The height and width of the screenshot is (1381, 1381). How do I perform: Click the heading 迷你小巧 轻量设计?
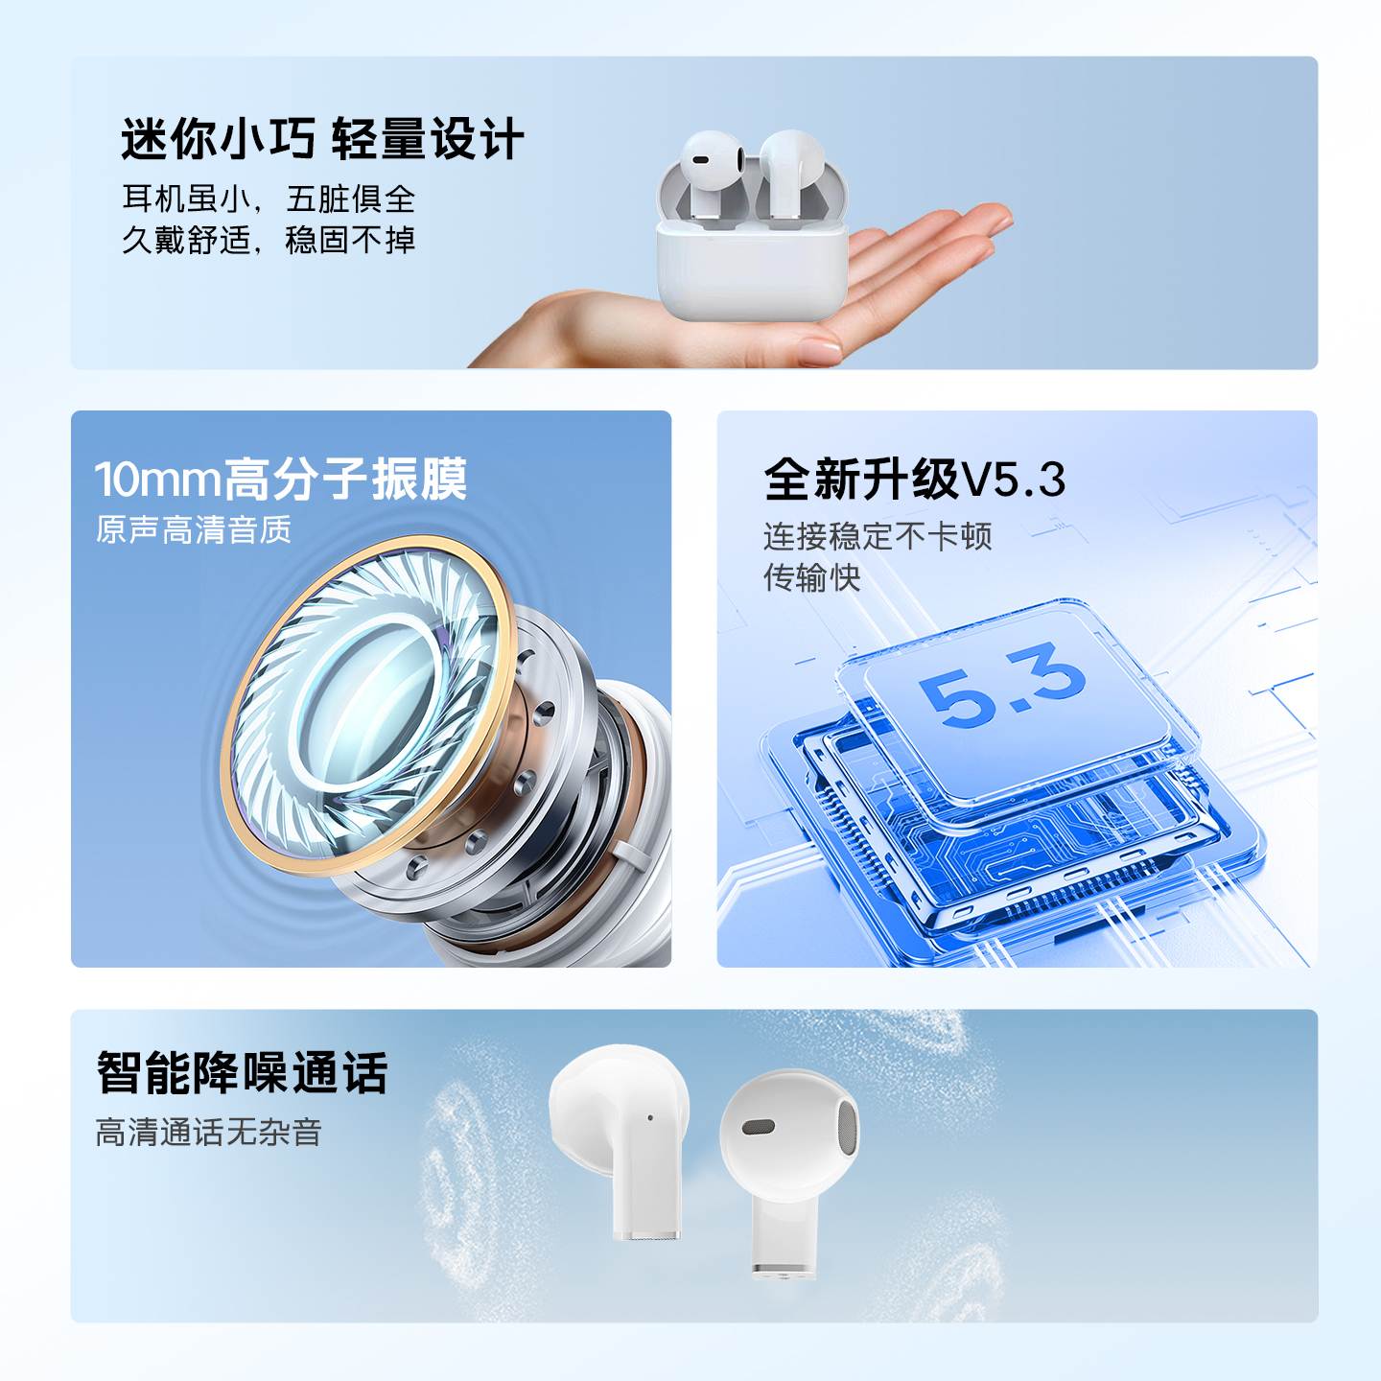[322, 139]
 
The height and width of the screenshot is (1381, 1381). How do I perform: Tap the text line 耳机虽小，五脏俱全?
[269, 199]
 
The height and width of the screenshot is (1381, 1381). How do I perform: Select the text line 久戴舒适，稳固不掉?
[269, 240]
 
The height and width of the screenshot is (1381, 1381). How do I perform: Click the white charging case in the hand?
[752, 269]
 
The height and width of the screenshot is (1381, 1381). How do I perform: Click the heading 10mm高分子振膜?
[281, 479]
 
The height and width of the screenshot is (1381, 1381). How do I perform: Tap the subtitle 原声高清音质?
[194, 530]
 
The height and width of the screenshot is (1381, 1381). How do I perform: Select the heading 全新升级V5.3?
[915, 479]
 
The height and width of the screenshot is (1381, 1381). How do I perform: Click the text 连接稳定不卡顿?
[878, 536]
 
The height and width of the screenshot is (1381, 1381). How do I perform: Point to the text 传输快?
[812, 577]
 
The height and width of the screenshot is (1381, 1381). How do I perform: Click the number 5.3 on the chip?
[1002, 685]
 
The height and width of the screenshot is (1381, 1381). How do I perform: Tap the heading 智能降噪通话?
[243, 1073]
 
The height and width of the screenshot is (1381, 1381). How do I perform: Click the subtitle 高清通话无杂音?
[208, 1133]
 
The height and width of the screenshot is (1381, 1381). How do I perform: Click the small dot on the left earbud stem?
[650, 1118]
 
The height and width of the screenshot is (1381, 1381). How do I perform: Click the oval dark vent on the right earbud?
[759, 1127]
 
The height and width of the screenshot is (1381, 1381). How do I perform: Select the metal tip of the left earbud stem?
[647, 1235]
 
